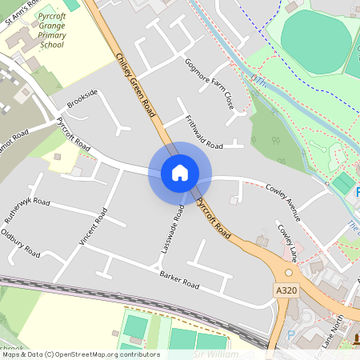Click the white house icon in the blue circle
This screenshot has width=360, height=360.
coord(179,172)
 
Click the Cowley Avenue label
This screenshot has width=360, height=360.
coord(282,199)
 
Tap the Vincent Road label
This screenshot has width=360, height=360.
coord(92,227)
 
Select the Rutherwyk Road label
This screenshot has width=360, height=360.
coord(26,210)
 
